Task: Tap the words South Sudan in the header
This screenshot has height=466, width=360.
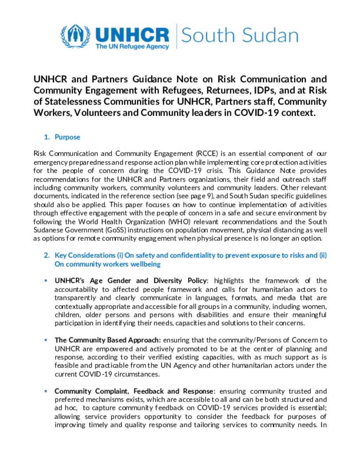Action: click(239, 36)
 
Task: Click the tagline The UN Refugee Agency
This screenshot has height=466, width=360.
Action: click(132, 46)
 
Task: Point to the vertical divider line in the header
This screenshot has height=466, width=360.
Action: click(176, 36)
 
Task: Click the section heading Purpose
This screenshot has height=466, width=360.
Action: click(67, 137)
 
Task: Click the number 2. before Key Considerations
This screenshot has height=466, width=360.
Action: click(47, 255)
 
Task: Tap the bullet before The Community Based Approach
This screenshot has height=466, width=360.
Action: click(46, 340)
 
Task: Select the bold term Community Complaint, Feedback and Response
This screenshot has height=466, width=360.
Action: click(134, 391)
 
